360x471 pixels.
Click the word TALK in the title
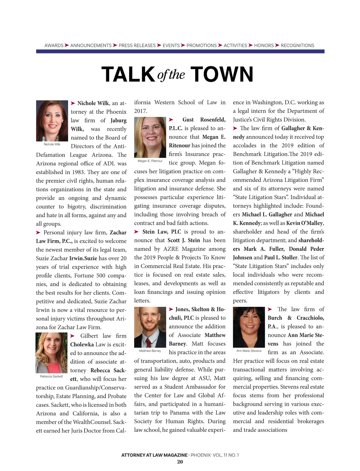pos(128,74)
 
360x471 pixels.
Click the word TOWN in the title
pos(222,74)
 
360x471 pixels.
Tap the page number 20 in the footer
pos(180,462)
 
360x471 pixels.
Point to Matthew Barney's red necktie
pos(149,342)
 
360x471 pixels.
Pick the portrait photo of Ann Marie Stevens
pos(249,327)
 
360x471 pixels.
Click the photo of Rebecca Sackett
pos(52,352)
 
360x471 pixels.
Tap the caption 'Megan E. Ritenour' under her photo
pos(150,161)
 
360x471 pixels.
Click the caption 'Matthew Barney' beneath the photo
pos(150,351)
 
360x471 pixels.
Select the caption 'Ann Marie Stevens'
pos(249,351)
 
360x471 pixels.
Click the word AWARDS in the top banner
pos(54,46)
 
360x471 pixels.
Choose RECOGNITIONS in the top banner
pos(297,46)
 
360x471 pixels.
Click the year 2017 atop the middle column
pos(141,111)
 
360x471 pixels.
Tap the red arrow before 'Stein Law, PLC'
pos(136,232)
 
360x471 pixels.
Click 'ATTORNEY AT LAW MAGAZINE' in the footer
pos(154,455)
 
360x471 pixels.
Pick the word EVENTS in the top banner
pos(171,46)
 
